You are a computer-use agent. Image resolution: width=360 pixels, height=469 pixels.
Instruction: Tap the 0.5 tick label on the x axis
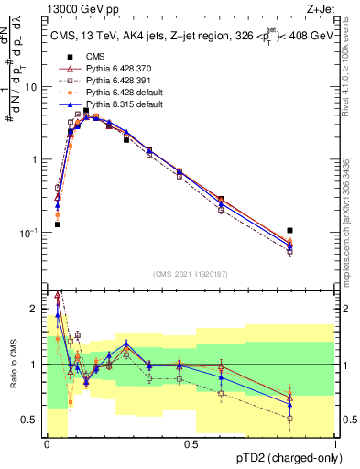(191, 442)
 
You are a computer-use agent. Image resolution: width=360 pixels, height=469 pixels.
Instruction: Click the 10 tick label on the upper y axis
(31, 87)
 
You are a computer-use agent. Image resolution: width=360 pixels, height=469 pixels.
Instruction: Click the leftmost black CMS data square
(57, 224)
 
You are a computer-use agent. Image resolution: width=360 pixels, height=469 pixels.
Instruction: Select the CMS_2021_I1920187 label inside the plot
(191, 273)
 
